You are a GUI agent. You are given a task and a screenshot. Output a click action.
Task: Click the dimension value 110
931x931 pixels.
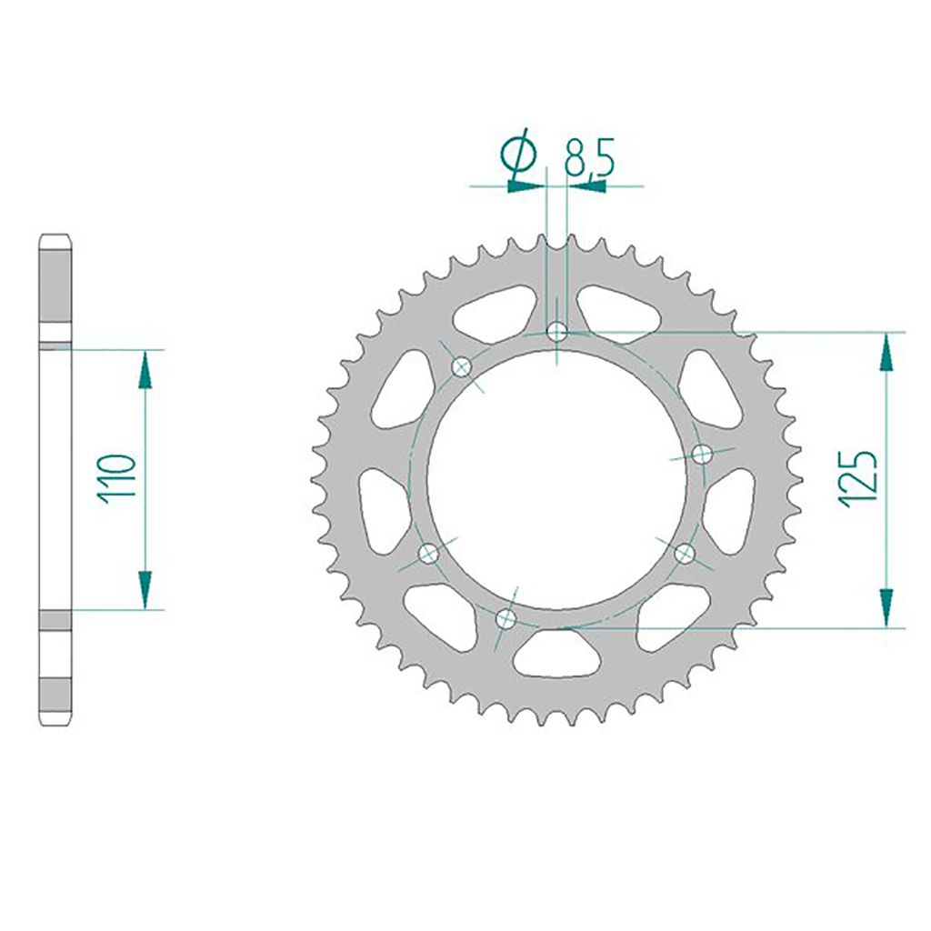pos(117,479)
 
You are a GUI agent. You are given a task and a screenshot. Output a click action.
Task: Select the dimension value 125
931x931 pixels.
pos(857,479)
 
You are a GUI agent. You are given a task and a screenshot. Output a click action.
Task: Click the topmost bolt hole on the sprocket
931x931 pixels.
pos(557,331)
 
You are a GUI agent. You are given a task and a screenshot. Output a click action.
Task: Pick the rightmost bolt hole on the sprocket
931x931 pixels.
pos(703,455)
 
